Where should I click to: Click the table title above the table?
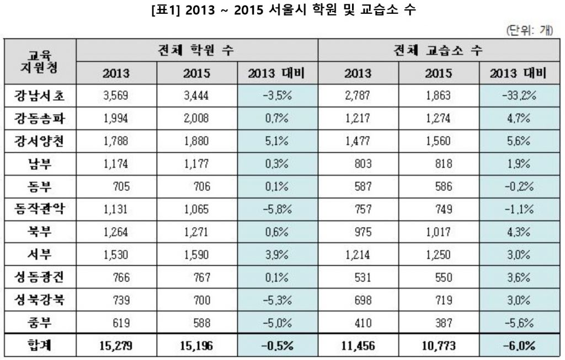(x=282, y=10)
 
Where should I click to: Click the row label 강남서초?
(x=40, y=95)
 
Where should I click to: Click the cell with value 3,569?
(x=116, y=95)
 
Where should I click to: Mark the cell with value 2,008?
(x=197, y=118)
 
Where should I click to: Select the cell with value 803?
(x=359, y=163)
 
